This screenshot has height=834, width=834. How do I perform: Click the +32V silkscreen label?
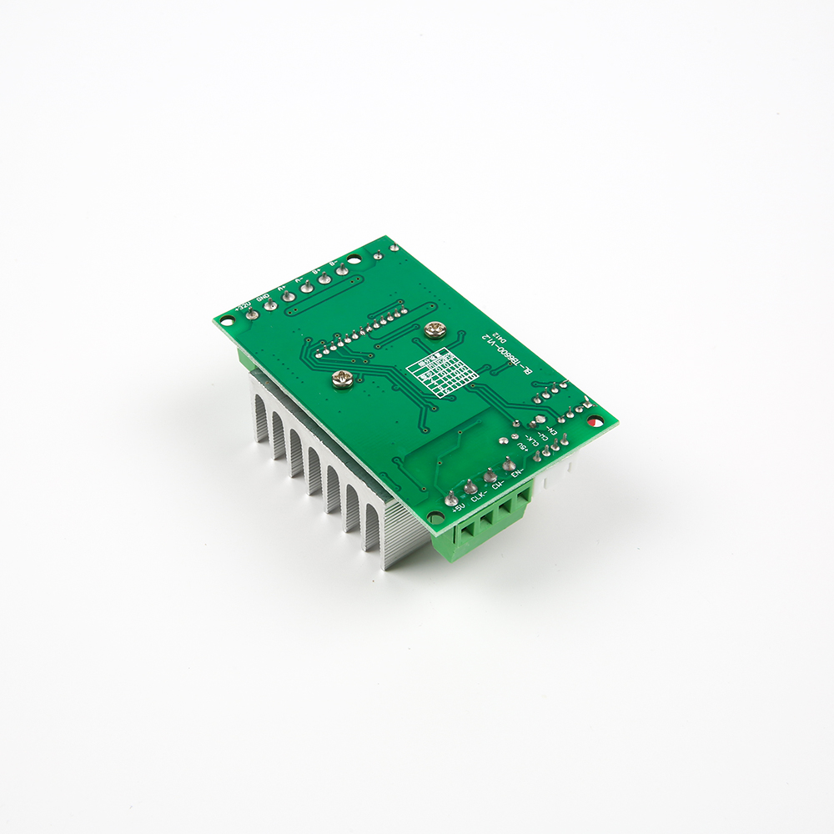pos(243,306)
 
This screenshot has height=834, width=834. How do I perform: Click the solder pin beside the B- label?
pos(341,270)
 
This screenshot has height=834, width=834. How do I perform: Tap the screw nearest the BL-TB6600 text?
pos(434,330)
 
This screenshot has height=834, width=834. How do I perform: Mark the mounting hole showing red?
pos(593,421)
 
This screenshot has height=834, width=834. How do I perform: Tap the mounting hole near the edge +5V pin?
pos(435,518)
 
